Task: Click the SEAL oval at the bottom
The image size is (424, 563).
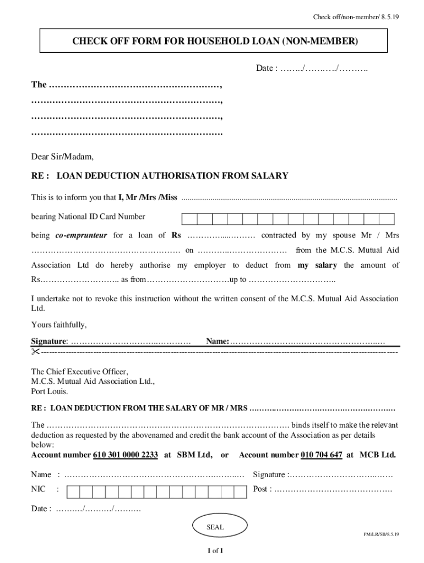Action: click(215, 527)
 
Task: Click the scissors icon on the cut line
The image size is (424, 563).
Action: click(36, 351)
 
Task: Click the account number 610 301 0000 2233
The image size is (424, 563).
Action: click(126, 455)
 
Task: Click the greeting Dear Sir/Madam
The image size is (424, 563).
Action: click(62, 157)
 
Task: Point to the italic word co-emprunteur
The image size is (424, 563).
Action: click(81, 235)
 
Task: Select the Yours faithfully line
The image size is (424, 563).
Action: click(59, 324)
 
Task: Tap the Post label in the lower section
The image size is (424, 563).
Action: click(262, 489)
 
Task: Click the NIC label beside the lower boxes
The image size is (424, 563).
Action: click(39, 489)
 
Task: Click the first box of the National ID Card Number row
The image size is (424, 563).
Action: click(189, 219)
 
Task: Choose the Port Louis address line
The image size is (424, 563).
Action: click(50, 392)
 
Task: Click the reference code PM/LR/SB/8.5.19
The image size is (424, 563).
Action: click(381, 534)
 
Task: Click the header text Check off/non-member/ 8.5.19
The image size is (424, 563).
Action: click(356, 17)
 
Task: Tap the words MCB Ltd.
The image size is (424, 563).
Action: click(378, 455)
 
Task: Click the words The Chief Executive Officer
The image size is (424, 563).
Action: click(79, 371)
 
